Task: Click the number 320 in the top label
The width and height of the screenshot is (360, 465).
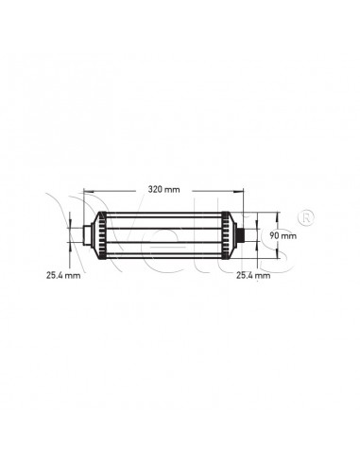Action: click(155, 190)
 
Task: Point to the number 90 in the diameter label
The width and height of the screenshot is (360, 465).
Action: click(276, 233)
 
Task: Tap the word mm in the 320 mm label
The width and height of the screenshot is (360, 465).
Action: click(171, 190)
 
